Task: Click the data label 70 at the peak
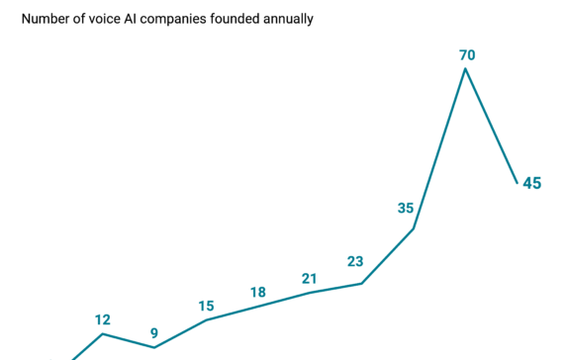point(466,54)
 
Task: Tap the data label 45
point(531,183)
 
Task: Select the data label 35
point(406,208)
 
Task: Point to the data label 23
point(355,262)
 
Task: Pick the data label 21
point(309,278)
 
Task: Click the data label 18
point(257,292)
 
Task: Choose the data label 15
point(206,306)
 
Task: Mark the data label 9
point(154,332)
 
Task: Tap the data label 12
point(103,319)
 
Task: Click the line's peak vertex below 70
point(465,68)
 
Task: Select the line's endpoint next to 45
point(517,183)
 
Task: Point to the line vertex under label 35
point(414,228)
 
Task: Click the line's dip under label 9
point(154,347)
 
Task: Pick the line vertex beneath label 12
point(103,333)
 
